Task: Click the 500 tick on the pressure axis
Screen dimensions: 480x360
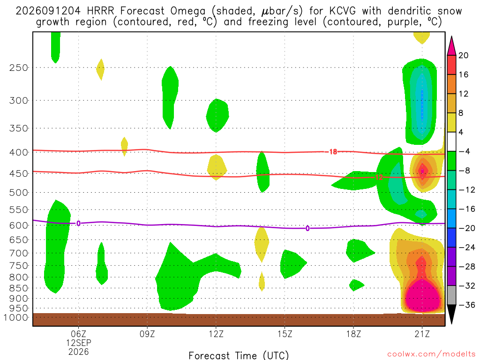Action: [x=19, y=193]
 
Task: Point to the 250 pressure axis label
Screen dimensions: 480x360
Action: [x=19, y=67]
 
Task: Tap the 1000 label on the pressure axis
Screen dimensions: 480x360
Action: [x=16, y=317]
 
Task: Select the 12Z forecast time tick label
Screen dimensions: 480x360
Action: [x=216, y=334]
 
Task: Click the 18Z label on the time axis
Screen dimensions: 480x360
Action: [x=353, y=334]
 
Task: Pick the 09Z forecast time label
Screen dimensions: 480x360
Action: [x=147, y=334]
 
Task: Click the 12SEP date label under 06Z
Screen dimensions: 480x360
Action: [x=79, y=343]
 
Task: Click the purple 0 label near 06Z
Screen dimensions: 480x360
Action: [x=78, y=224]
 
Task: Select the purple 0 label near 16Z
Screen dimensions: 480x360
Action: [x=307, y=228]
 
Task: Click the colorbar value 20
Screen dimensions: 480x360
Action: [x=463, y=55]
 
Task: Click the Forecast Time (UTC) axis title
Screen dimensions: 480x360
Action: [x=239, y=355]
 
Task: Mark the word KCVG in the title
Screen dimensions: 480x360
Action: [x=343, y=11]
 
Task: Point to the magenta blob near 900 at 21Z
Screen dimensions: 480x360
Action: [x=423, y=295]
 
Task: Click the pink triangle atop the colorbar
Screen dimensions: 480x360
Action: [x=451, y=46]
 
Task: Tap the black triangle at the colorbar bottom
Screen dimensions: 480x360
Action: [x=451, y=314]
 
